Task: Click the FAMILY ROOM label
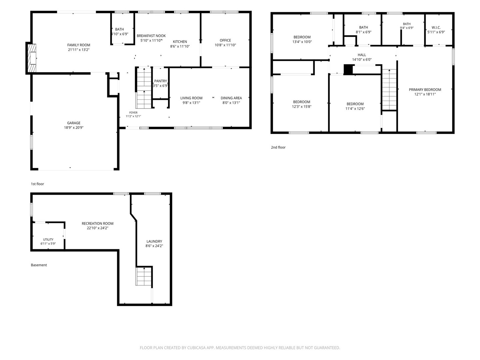79,45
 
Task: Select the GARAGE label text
74,123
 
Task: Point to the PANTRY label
161,81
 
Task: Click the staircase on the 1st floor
144,88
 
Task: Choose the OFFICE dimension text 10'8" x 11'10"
225,45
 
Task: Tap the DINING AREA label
231,98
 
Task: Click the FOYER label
133,113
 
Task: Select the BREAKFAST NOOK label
151,36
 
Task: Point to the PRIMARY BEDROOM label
425,90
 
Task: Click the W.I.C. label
436,28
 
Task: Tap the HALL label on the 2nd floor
362,55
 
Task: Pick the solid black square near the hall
348,70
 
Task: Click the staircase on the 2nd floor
389,89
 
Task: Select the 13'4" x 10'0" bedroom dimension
302,42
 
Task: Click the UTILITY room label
48,239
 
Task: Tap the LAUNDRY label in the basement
154,241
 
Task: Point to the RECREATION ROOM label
98,223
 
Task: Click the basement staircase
144,276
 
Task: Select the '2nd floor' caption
278,147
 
